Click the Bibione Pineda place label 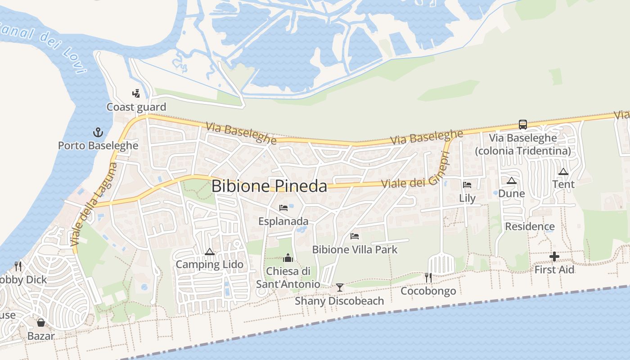click(269, 186)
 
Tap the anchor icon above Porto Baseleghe click(98, 132)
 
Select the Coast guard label click(136, 107)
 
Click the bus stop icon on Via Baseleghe click(522, 124)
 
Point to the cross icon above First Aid click(554, 256)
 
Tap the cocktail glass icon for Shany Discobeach click(340, 287)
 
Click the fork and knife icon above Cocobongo click(428, 277)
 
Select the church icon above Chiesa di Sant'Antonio click(288, 258)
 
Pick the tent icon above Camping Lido click(209, 252)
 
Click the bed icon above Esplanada click(283, 207)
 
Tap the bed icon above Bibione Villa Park click(355, 236)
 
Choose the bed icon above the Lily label click(467, 184)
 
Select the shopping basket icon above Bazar click(41, 323)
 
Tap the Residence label click(530, 226)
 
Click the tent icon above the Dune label click(511, 180)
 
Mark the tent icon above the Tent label click(563, 171)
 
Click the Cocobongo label click(428, 291)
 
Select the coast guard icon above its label click(136, 94)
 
